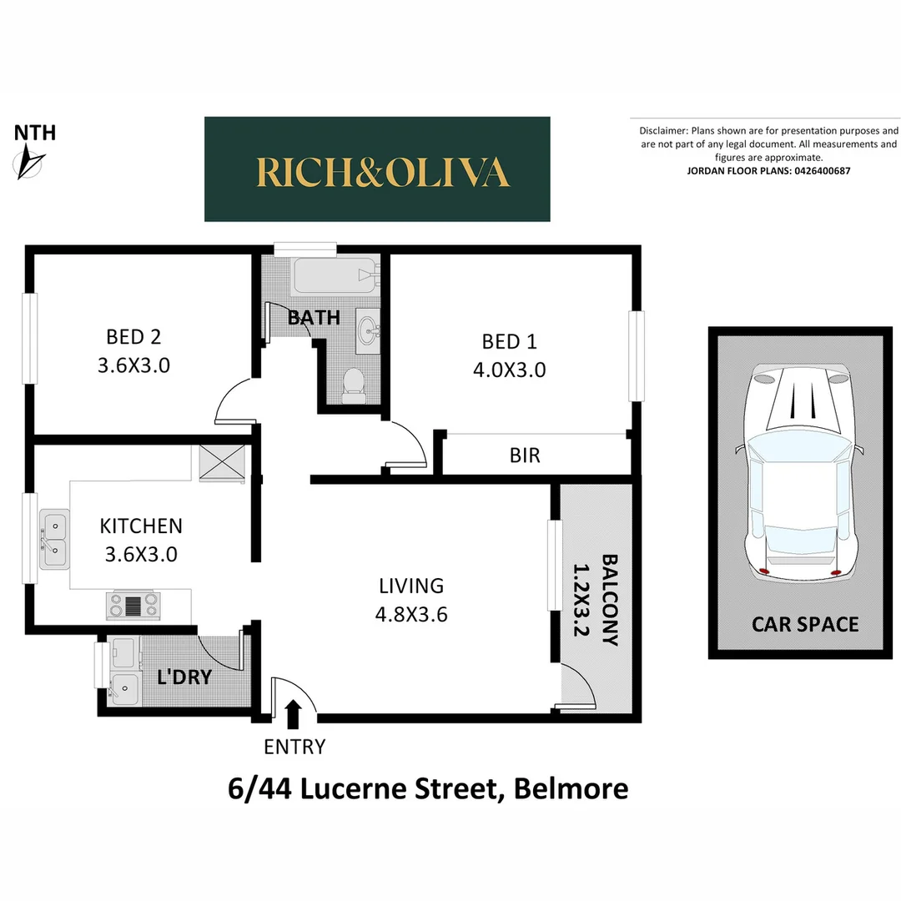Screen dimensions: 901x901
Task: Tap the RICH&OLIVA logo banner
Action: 377,169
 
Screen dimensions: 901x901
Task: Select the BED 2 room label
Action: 133,337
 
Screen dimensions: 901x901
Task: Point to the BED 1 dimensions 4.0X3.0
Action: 509,370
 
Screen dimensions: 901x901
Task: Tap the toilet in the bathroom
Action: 354,385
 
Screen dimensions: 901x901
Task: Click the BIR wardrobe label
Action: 525,456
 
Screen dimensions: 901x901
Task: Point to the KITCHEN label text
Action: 141,526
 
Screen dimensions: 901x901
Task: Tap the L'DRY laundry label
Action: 185,677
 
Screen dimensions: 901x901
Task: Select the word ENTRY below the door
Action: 294,747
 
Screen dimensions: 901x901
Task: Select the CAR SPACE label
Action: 805,624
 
